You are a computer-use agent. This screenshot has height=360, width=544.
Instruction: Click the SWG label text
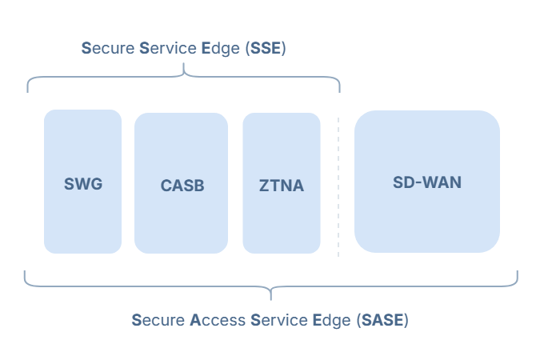83,184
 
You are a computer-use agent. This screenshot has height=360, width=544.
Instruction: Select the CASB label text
182,186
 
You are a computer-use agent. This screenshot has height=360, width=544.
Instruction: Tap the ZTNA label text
282,186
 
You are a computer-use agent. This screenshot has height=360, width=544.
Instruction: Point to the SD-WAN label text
427,182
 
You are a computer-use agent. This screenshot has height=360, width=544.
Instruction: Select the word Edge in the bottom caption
329,321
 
